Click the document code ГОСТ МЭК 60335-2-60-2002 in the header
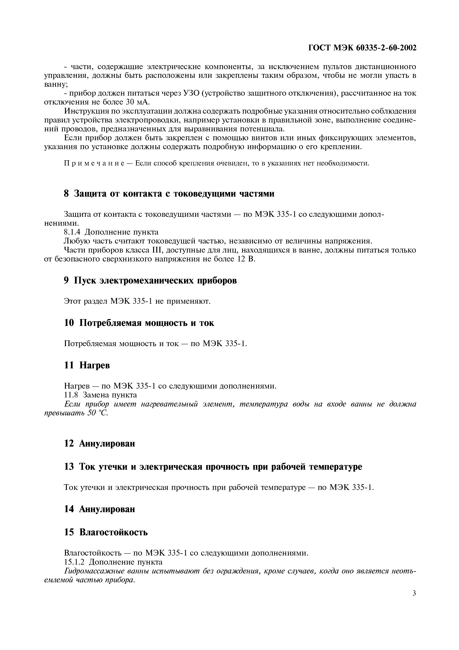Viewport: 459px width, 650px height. tap(362, 48)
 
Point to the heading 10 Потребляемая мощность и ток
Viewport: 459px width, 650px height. tap(139, 323)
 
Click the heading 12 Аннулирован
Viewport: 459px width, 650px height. tap(100, 443)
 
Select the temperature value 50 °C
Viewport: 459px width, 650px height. tap(98, 413)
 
